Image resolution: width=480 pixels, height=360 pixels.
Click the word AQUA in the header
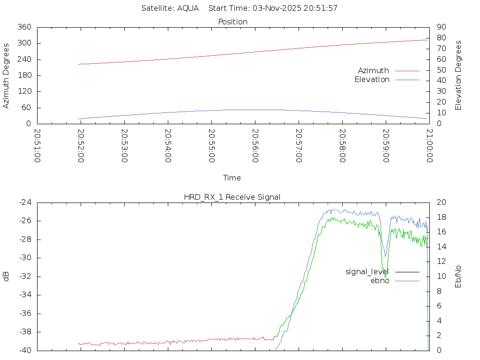tap(187, 8)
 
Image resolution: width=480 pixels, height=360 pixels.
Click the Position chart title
tap(233, 22)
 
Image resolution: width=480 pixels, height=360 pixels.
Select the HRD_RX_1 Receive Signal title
tap(232, 197)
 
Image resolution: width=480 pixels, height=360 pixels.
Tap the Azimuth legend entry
tap(374, 70)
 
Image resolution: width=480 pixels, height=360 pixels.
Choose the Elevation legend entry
tap(372, 80)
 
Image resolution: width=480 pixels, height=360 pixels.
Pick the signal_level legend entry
tap(367, 271)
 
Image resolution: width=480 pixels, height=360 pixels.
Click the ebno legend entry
tap(380, 280)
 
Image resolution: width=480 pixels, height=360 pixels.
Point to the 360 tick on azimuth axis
tap(24, 27)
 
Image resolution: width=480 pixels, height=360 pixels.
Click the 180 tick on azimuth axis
tap(24, 75)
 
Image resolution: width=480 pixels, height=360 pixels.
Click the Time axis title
tap(232, 178)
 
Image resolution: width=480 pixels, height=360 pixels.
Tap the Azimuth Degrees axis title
tap(7, 75)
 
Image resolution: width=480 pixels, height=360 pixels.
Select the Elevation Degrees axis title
tap(458, 75)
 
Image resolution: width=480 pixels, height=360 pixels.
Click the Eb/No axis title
tap(458, 276)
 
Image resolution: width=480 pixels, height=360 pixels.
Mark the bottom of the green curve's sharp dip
tap(386, 277)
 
